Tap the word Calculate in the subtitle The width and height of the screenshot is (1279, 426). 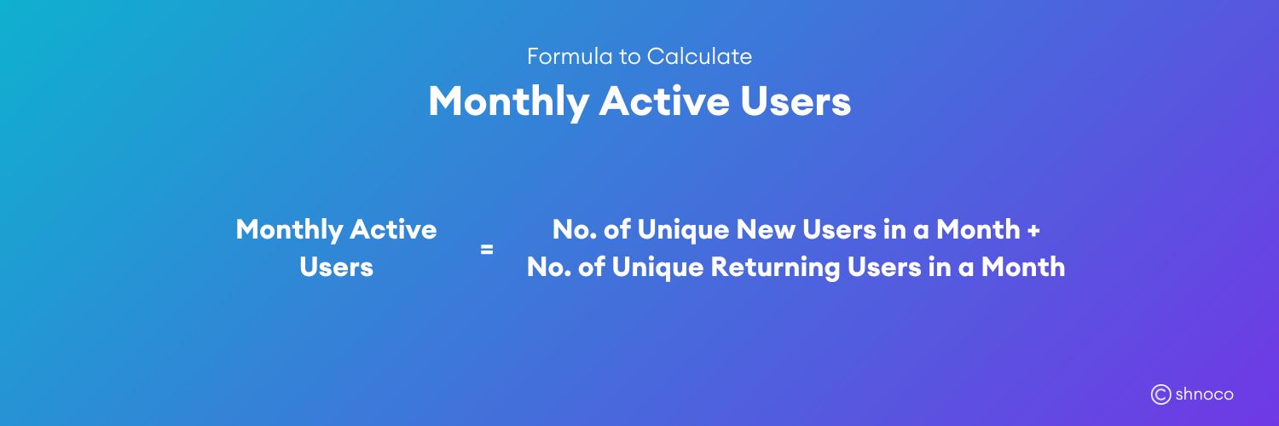pos(699,57)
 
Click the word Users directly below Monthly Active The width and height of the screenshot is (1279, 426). pos(336,268)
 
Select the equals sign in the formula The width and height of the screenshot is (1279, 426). pos(487,250)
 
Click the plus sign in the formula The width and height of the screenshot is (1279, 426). pos(1034,230)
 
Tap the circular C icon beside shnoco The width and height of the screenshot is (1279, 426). pos(1160,394)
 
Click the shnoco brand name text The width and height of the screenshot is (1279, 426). pos(1204,394)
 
